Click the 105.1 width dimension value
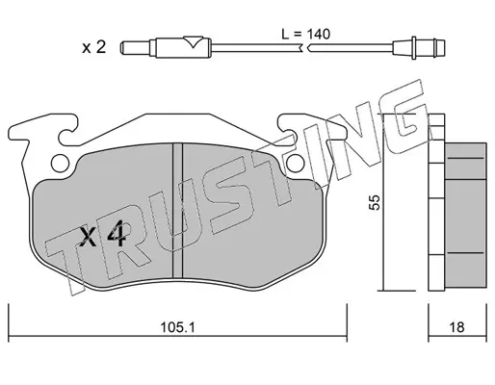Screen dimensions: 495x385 (177, 327)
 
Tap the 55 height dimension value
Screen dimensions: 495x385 (375, 202)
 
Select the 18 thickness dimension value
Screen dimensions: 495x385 (456, 327)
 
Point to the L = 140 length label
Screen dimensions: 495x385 (305, 34)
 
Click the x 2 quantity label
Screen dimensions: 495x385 (93, 48)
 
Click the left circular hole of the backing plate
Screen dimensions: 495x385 (60, 164)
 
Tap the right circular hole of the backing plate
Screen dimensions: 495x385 (296, 164)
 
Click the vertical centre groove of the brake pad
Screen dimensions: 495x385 (177, 211)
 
